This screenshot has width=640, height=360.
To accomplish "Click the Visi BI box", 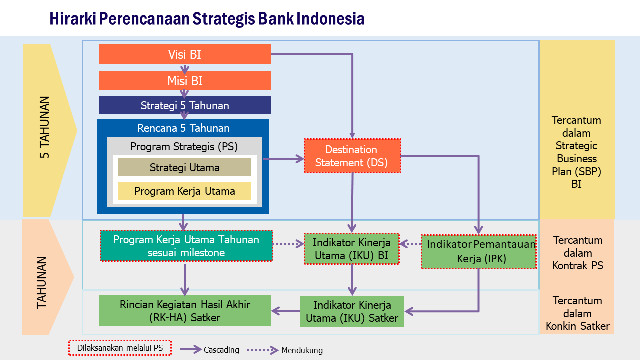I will [184, 54].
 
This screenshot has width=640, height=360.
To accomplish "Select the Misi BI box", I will [184, 81].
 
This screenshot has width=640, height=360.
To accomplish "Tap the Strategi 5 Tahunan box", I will [184, 105].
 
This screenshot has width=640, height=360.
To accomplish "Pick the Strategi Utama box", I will [184, 168].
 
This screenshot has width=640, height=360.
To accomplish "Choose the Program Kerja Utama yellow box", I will [184, 191].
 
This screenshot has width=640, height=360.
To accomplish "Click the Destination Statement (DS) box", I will [352, 156].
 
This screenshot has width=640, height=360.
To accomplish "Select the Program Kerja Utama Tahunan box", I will [186, 246].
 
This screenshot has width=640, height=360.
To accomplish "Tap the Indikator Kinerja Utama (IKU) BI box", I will [352, 249].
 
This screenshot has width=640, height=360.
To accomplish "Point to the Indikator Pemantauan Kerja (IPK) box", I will [479, 251].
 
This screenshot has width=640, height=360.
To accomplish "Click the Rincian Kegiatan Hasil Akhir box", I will [184, 311].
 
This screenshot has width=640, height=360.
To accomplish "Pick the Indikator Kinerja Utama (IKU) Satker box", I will [352, 311].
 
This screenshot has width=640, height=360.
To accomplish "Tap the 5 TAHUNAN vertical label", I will [45, 127].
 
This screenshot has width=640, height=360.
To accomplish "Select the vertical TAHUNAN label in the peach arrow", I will [42, 282].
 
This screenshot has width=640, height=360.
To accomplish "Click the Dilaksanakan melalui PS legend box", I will [120, 348].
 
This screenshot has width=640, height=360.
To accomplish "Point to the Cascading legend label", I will [221, 350].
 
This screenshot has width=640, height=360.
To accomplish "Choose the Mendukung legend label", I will [302, 350].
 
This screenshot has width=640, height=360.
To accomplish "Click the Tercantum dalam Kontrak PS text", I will [577, 253].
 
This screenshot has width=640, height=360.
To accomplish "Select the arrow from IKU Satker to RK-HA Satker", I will [285, 311].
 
